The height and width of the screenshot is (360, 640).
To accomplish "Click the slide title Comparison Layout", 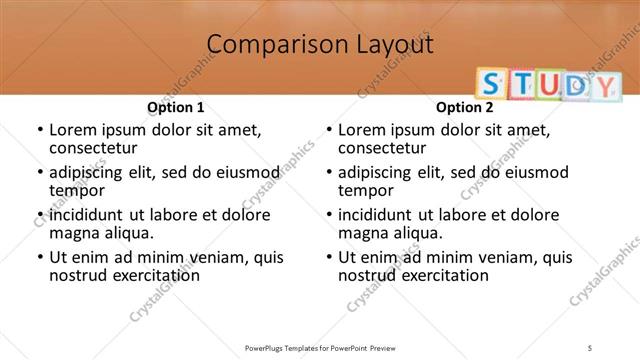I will [320, 45].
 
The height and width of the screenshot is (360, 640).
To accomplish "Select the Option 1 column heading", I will [176, 107].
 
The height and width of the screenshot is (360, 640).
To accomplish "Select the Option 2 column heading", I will [465, 107].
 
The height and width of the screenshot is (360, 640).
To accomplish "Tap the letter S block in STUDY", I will [489, 84].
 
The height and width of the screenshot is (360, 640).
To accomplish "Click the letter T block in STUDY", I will [515, 84].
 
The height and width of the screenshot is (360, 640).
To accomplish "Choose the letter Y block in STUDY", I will [604, 85].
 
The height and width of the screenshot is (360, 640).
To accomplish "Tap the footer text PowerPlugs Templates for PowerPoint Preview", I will [320, 347].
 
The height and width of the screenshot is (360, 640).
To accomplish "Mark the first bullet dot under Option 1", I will [39, 130].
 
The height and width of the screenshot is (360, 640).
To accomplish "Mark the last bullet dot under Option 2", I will [328, 258].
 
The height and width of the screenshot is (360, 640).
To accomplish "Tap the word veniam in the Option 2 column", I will [504, 258].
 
